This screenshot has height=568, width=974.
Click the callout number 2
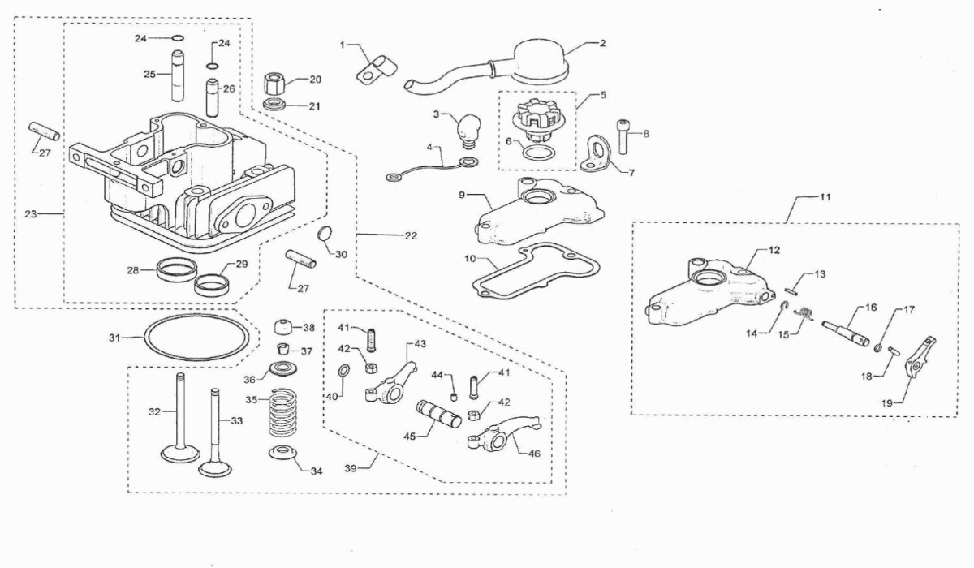click(601, 44)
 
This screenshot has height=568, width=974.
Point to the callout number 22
click(411, 235)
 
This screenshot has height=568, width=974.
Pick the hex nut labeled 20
click(274, 83)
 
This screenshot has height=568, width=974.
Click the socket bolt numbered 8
click(623, 136)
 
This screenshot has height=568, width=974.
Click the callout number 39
click(351, 468)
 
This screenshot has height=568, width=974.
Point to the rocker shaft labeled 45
click(438, 413)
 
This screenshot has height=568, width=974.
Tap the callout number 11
click(825, 197)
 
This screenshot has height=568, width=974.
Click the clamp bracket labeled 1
click(377, 70)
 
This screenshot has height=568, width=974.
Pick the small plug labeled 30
click(325, 234)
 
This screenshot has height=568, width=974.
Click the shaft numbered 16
click(845, 333)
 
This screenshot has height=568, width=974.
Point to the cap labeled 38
click(283, 327)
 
